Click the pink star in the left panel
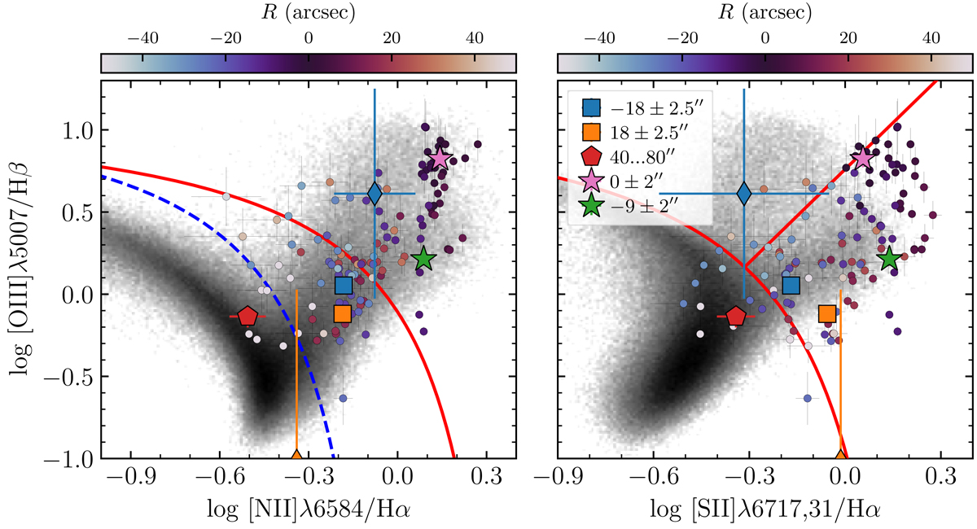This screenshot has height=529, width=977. point(440,159)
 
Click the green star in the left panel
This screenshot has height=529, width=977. point(423,260)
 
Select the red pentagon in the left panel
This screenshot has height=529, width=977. point(248,316)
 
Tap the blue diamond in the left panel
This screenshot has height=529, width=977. point(375,193)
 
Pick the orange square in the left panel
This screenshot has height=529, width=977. point(342,313)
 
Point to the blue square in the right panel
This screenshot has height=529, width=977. point(791,285)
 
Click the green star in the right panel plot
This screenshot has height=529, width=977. point(889,259)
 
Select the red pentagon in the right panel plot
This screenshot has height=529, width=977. point(736,316)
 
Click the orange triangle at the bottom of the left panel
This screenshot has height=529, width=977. point(296,455)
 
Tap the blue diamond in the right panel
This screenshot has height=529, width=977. point(743,193)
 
